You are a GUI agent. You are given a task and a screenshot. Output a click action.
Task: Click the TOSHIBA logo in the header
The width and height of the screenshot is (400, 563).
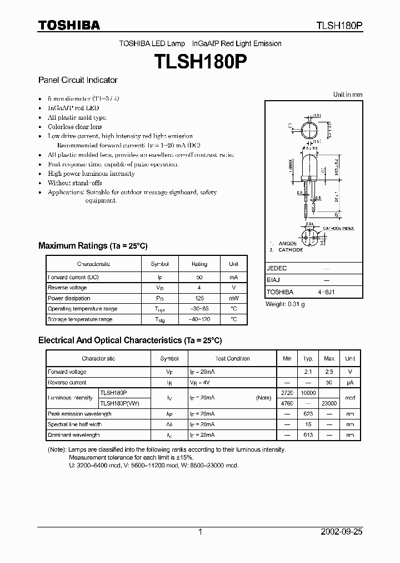point(69,25)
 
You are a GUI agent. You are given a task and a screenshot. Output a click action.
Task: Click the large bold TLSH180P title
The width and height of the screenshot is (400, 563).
point(200,60)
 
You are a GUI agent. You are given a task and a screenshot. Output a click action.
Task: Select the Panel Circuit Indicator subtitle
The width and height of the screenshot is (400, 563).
point(78,80)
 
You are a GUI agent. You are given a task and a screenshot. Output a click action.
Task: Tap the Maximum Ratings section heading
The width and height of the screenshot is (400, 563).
point(93,246)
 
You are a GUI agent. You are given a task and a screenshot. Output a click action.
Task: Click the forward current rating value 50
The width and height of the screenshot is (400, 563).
point(199,277)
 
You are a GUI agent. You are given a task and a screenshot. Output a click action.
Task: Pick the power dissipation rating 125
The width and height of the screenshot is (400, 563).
point(199,298)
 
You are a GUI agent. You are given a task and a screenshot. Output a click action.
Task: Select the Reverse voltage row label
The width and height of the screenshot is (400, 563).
point(67,288)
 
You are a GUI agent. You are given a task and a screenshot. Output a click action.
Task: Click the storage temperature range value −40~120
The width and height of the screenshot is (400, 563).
point(199,319)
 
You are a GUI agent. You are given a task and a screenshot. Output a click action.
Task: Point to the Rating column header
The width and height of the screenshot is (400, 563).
point(199,264)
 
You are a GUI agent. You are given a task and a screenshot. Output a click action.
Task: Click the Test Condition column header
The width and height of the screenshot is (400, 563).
point(232,359)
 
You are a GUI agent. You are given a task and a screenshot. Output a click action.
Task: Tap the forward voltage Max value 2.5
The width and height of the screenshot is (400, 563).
point(329,372)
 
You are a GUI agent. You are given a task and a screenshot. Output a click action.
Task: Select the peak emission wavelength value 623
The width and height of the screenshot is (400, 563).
point(308,414)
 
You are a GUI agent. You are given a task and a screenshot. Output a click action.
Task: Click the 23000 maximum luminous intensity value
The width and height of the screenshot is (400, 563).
point(329,403)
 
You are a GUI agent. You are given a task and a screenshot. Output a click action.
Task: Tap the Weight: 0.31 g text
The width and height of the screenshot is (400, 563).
point(285,304)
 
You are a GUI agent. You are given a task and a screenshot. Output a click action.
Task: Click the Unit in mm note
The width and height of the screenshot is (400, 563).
point(347,95)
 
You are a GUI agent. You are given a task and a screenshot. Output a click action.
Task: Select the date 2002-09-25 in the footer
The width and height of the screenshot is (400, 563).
point(342,532)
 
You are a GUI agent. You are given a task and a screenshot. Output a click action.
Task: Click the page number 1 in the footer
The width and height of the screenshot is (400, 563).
point(200,532)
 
